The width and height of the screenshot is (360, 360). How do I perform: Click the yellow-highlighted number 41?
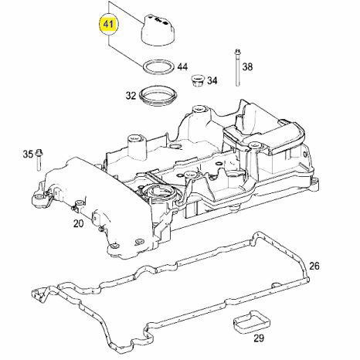[x=108, y=24]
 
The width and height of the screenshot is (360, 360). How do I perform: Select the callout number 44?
[x=182, y=67]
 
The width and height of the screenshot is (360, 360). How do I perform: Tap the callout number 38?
[x=247, y=67]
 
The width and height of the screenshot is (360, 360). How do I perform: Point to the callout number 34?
[x=212, y=80]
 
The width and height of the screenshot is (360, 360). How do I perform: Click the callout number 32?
[x=131, y=96]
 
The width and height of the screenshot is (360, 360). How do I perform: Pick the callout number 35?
[x=28, y=155]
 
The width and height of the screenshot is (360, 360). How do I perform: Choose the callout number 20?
[x=79, y=223]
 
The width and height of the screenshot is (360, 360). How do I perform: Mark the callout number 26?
[x=314, y=266]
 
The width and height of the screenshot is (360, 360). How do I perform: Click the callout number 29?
[x=259, y=338]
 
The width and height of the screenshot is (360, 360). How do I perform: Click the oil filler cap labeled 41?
[x=158, y=31]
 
